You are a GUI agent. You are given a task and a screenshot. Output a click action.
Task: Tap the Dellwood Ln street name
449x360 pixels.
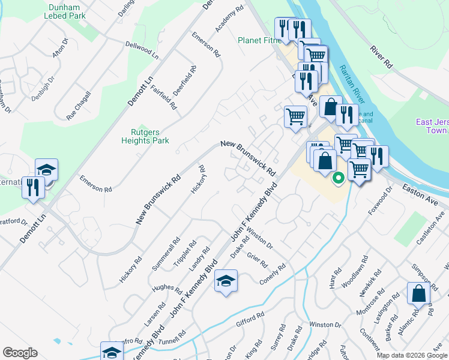(142, 50)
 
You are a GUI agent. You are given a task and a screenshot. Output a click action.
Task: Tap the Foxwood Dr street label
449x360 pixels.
(379, 199)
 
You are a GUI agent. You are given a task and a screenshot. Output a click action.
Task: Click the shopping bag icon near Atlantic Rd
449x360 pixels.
(418, 294)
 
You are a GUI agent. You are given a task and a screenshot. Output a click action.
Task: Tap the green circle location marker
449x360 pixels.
(338, 177)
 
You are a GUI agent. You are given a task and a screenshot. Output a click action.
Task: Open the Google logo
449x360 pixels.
(20, 353)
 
